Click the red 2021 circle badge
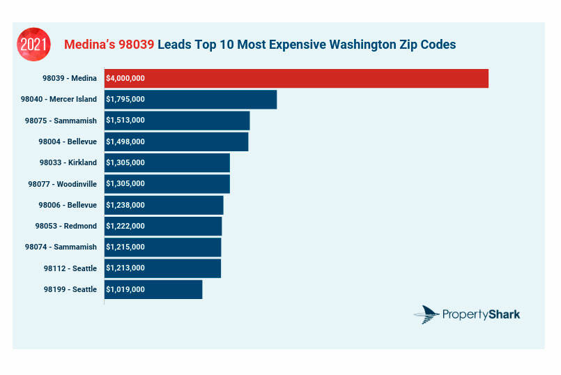click(33, 44)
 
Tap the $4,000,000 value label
click(125, 79)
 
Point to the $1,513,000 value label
click(125, 121)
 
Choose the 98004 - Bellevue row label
click(68, 141)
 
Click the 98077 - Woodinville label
click(63, 184)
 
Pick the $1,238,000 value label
click(125, 205)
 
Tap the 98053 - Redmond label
click(66, 226)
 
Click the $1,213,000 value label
click(125, 268)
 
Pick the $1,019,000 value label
click(125, 289)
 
